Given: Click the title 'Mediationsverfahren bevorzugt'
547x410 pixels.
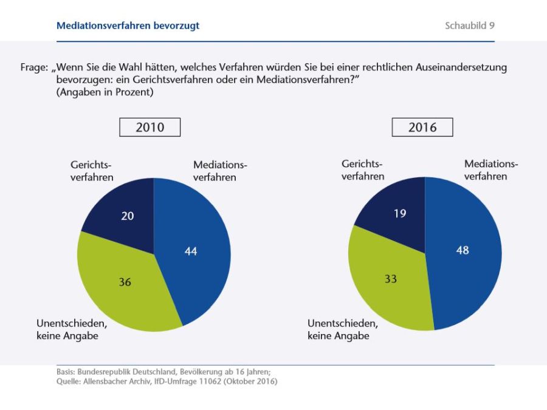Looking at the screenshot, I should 128,26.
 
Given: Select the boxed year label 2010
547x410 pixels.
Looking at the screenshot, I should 150,128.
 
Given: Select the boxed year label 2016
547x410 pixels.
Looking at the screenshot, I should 422,128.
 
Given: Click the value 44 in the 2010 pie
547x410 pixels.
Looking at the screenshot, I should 191,251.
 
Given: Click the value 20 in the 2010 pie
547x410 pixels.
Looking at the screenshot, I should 128,216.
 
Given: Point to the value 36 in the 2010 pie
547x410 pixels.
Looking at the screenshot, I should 125,282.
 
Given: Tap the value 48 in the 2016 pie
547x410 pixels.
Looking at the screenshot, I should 463,250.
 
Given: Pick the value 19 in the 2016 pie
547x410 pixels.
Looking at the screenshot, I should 399,214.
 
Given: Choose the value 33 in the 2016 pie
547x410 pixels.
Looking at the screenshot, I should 390,279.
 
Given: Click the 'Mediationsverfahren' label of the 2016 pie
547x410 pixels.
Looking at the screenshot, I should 491,170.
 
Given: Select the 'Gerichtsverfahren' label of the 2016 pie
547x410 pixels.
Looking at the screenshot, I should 363,170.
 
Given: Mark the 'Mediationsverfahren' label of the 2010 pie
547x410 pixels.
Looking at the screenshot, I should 220,171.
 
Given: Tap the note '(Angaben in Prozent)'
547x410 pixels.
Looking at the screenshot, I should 100,92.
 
